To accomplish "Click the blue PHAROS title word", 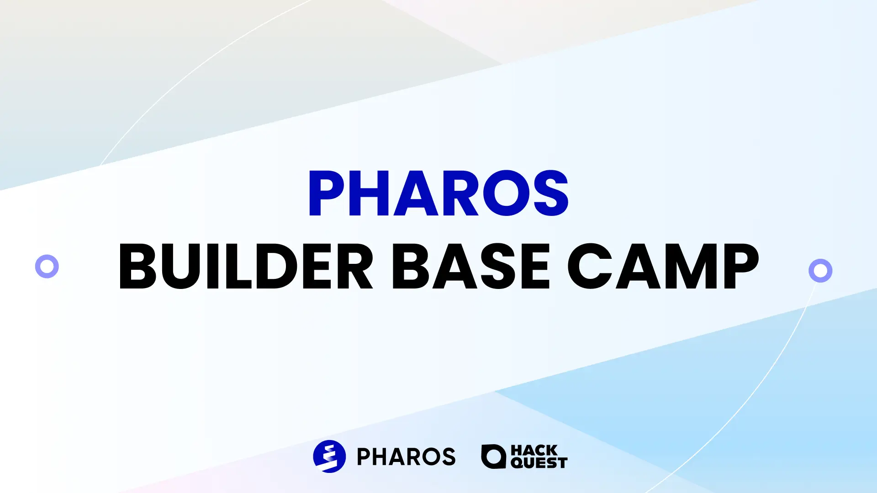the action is click(x=438, y=193).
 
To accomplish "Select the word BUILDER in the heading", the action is click(x=246, y=266).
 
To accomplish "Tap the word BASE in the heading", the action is click(x=471, y=266).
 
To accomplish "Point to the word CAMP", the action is click(x=663, y=266).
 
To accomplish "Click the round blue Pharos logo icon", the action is click(x=329, y=456).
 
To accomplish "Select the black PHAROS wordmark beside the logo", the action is click(x=406, y=456).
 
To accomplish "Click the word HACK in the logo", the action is click(x=534, y=450).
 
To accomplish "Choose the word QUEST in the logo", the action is click(x=539, y=463).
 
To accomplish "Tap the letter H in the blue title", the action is click(x=375, y=193).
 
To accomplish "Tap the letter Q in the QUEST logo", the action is click(x=517, y=463).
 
